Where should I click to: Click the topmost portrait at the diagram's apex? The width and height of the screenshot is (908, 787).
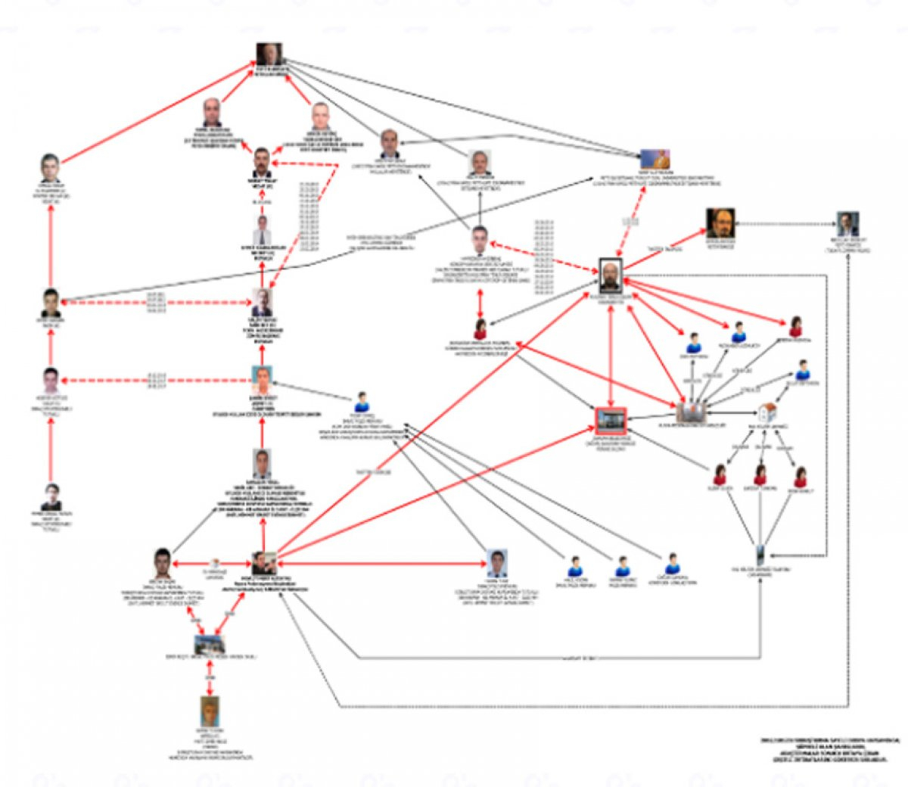[x=269, y=54]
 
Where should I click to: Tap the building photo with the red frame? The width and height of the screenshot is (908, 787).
[x=611, y=418]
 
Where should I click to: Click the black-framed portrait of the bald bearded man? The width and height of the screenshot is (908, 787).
[x=611, y=275]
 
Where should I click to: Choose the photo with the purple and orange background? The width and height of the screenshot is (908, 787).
[x=655, y=160]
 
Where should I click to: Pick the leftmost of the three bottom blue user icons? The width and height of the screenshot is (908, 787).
[x=576, y=566]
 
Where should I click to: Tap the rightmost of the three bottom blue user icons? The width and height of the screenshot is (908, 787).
[x=671, y=564]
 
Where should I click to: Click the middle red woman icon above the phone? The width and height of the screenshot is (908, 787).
[x=760, y=476]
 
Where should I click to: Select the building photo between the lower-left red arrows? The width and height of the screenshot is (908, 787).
[x=210, y=645]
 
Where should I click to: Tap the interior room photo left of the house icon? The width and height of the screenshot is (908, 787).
[x=692, y=412]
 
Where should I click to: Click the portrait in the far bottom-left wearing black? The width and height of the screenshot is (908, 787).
[x=51, y=499]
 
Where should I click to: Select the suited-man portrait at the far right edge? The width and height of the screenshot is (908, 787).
[x=848, y=223]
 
